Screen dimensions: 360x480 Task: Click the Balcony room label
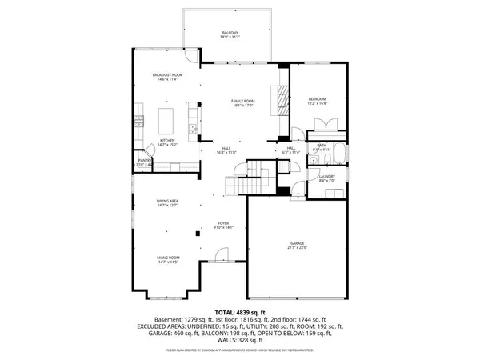[x=230, y=34]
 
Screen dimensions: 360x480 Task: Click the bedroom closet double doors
[x=324, y=125]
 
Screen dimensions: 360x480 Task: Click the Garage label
[x=298, y=244]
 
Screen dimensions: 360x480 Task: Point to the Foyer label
[x=226, y=223]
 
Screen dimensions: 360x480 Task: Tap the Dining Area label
[x=166, y=202]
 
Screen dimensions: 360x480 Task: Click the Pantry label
[x=145, y=161]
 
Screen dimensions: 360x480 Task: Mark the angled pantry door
[x=149, y=150]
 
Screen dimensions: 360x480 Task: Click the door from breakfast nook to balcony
[x=190, y=57]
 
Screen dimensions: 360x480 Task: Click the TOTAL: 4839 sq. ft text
[x=239, y=311]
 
